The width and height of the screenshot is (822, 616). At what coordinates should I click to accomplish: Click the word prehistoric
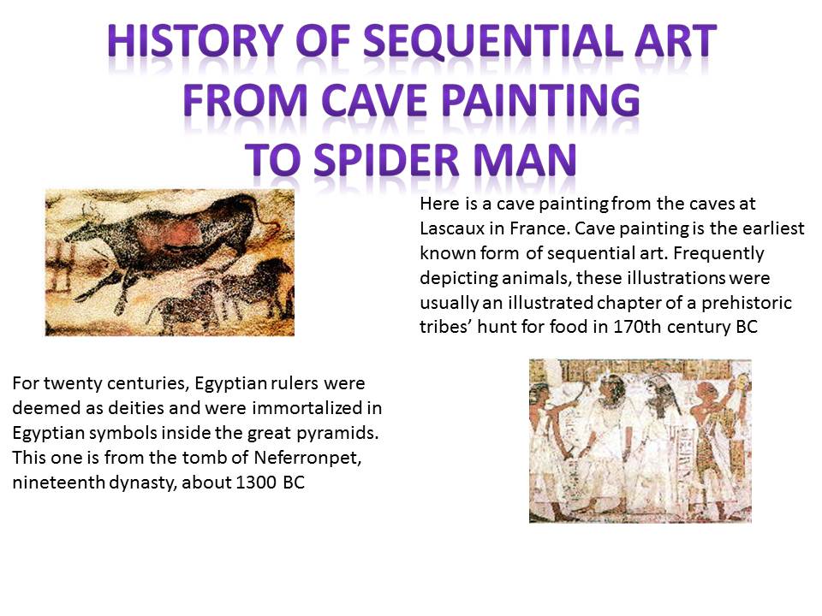[x=750, y=303]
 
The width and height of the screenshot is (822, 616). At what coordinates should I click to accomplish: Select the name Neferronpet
[x=282, y=457]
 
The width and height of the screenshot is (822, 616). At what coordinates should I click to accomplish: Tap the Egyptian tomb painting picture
[x=640, y=440]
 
